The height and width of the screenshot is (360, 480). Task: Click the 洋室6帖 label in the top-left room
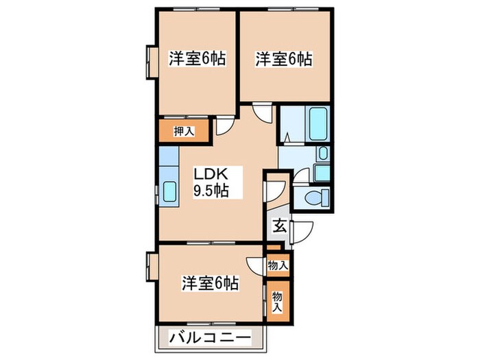[x=197, y=59]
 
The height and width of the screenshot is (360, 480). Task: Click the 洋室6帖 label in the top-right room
[x=283, y=59]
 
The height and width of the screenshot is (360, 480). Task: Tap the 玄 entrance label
[x=280, y=224]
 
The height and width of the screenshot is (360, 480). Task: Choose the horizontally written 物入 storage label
[x=277, y=265]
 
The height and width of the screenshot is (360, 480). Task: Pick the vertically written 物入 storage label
[x=277, y=301]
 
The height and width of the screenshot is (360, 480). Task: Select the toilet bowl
[x=313, y=199]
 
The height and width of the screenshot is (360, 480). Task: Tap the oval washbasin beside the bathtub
[x=323, y=154]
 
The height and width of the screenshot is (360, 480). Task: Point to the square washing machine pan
[x=322, y=171]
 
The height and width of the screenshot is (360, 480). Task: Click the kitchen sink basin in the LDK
[x=167, y=189]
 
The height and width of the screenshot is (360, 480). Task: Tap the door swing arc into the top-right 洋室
[x=262, y=112]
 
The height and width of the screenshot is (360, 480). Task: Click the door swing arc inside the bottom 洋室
[x=255, y=267]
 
